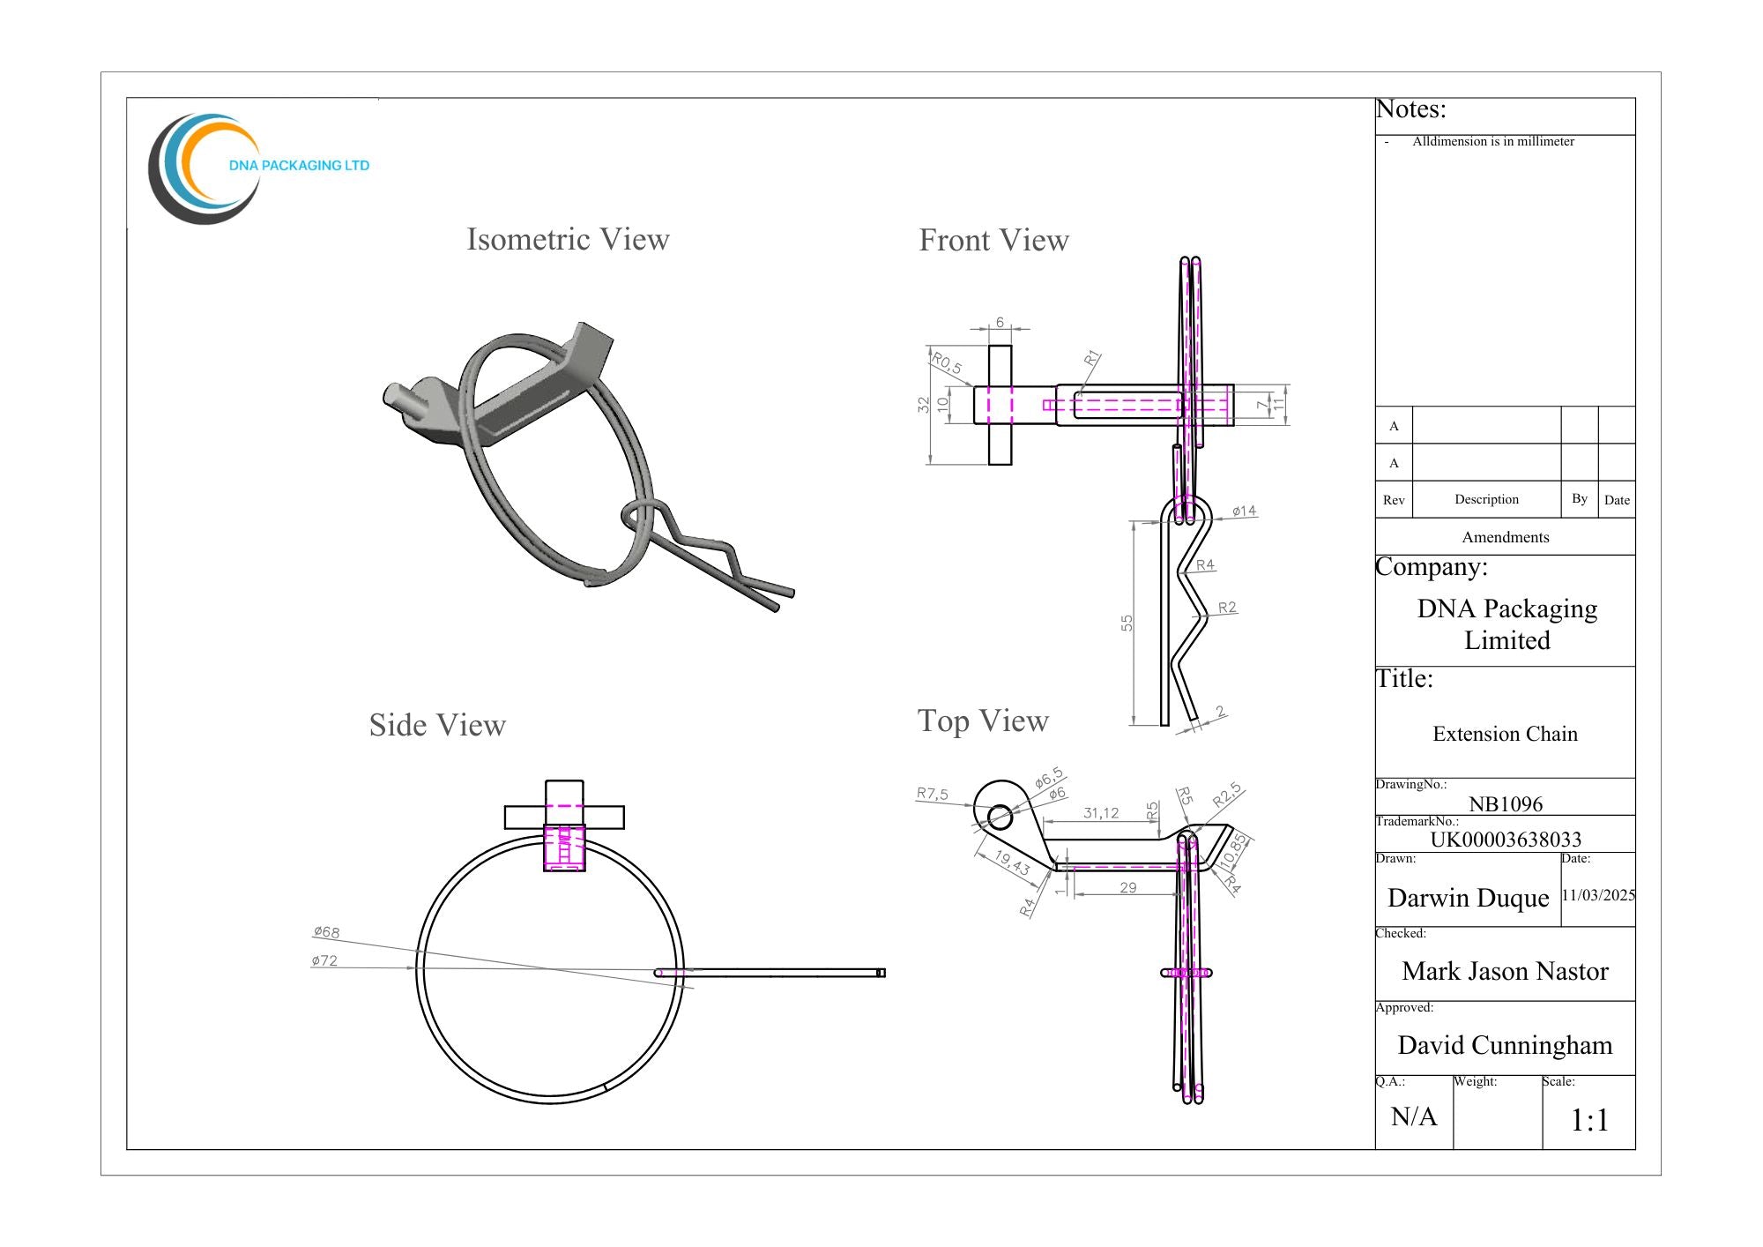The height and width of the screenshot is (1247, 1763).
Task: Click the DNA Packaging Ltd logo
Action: pos(256,166)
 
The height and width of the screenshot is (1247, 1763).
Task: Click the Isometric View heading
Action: pos(568,239)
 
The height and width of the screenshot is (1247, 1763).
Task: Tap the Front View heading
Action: pos(993,240)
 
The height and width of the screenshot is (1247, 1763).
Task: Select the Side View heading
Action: pos(437,725)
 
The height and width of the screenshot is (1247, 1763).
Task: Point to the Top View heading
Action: pos(983,721)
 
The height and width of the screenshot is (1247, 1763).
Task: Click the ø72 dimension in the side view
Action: pos(324,960)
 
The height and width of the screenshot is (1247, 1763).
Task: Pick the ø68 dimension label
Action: pos(326,932)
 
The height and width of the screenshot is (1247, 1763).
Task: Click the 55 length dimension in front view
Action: pos(1127,623)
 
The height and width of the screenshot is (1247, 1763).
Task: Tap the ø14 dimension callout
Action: pos(1244,511)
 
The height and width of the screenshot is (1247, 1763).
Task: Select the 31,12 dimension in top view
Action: pos(1101,812)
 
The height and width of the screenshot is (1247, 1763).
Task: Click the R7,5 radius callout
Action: pos(932,794)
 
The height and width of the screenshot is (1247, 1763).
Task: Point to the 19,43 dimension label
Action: pos(1012,862)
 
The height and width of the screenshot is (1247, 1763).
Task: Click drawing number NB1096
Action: pos(1506,803)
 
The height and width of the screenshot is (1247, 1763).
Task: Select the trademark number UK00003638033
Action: pos(1506,839)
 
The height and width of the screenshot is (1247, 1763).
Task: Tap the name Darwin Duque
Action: pos(1468,898)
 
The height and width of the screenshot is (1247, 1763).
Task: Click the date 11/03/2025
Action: pos(1598,895)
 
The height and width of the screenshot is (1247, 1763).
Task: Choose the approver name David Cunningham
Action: pos(1505,1045)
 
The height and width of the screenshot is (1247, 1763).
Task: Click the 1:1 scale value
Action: pos(1589,1120)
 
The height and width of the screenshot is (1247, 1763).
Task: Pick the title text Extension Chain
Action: pos(1505,734)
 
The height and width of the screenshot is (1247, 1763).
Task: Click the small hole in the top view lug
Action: pos(1000,818)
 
